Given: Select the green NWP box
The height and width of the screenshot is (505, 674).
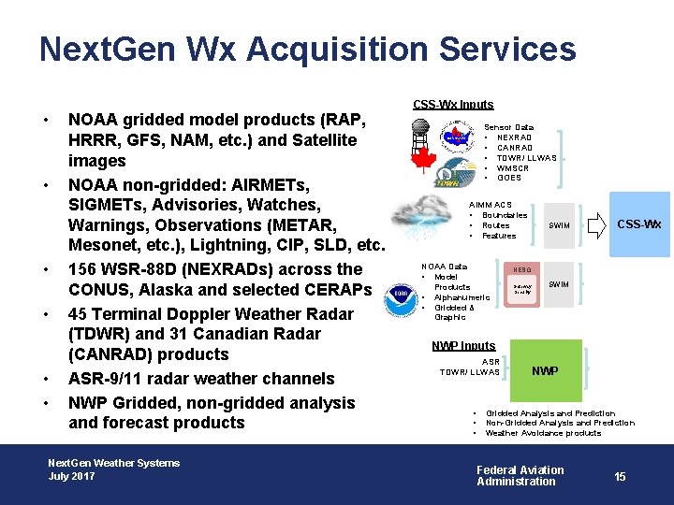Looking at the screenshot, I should pos(545,371).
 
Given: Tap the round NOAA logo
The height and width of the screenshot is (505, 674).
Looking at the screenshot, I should pos(402,296).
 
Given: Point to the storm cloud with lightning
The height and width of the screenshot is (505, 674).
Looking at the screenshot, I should pos(426,218).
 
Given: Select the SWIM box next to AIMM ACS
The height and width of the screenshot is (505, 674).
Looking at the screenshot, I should pos(559,225).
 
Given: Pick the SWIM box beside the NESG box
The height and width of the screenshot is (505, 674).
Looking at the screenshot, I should pos(559,284).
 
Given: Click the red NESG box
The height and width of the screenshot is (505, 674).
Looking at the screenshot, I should pos(522,284).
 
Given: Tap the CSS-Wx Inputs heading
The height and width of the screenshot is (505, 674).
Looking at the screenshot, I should pos(454,104).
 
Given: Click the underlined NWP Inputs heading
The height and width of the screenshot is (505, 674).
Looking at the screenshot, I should pos(464,346).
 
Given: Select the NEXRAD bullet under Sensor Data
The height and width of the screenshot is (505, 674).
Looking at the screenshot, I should pos(514,137).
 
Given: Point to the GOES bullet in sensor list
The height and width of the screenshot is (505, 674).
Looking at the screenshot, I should pos(509,178).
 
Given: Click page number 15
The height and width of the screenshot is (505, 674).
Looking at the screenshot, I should pos(620,477).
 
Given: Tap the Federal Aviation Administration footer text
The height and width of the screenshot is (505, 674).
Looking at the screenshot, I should pos(520,476).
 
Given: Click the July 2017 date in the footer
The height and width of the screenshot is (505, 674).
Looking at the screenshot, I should pos(72,476).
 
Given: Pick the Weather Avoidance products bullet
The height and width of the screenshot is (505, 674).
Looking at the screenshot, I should pos(543,433).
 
